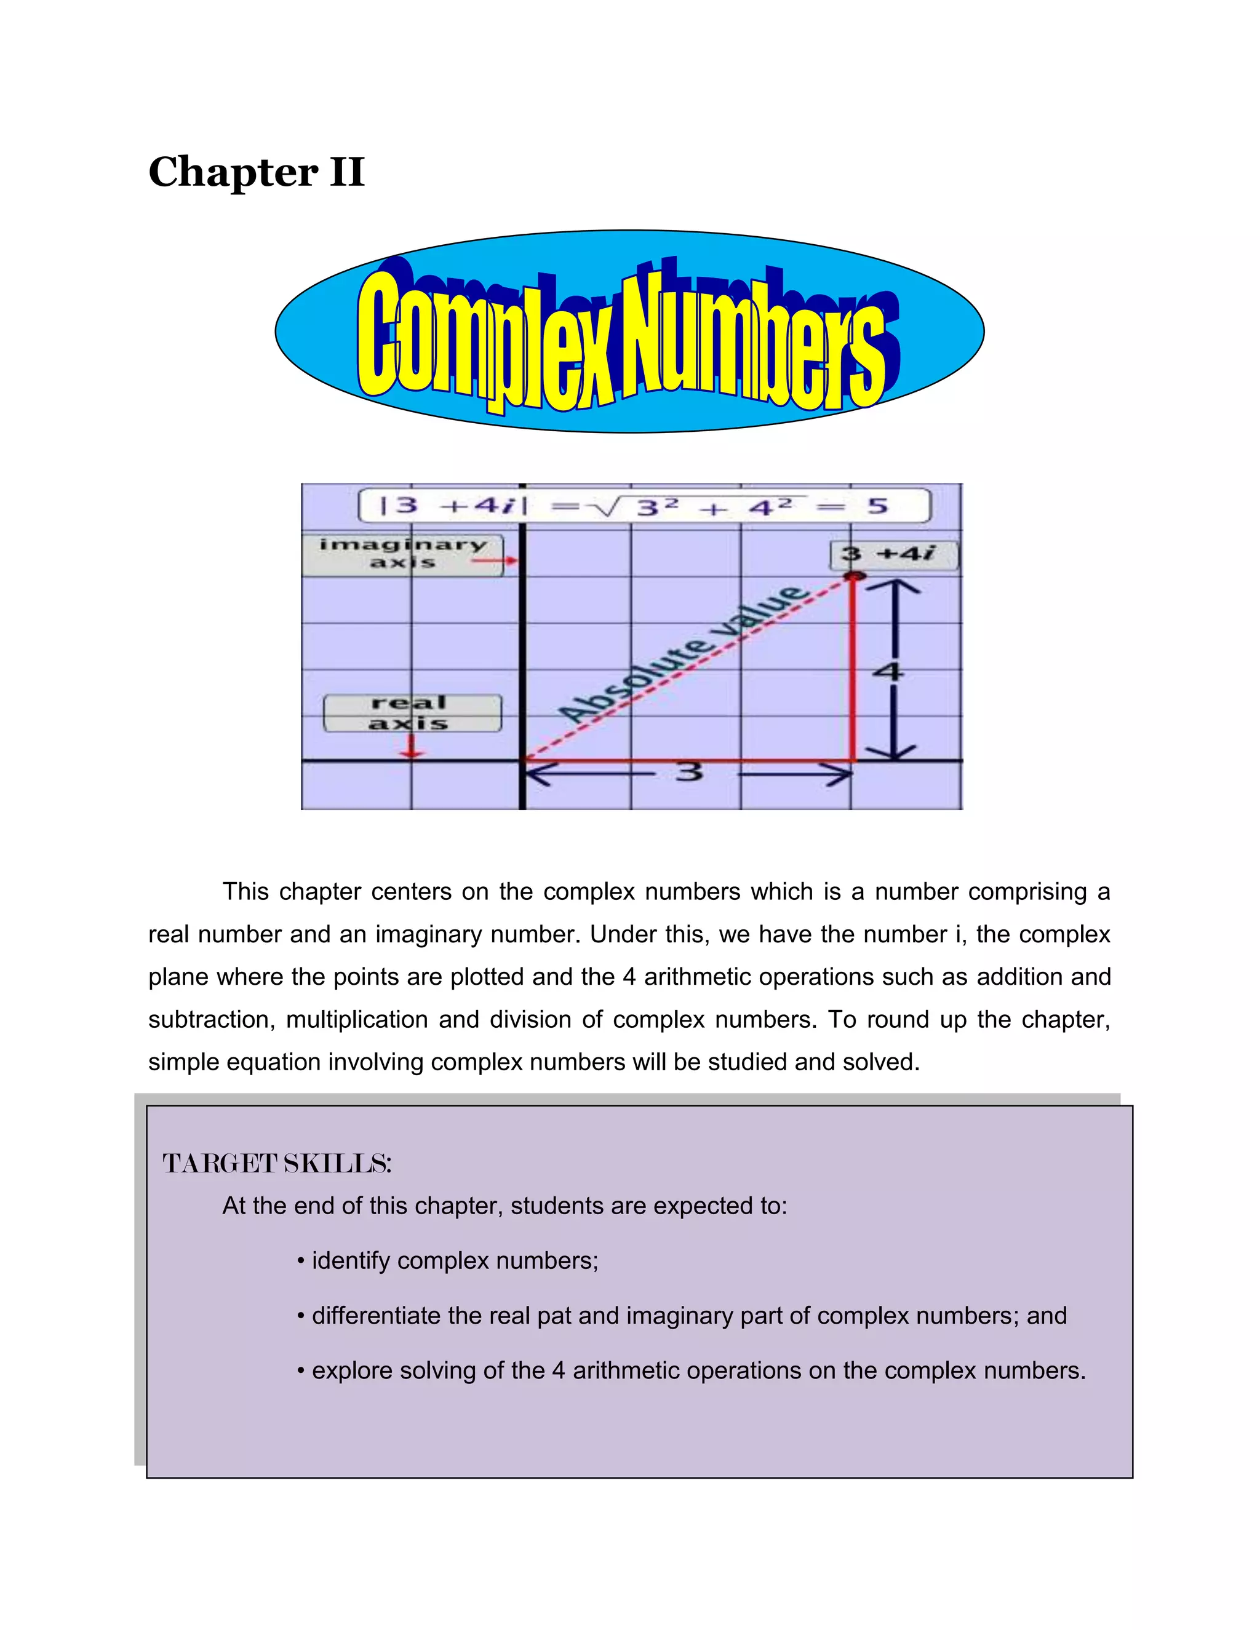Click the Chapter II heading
tap(256, 172)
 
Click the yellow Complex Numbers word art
tap(622, 340)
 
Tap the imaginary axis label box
tap(402, 554)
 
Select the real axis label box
tap(412, 714)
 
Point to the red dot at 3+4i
tap(855, 576)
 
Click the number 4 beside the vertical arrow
tap(888, 672)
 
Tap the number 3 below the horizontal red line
tap(690, 771)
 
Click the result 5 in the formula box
tap(878, 506)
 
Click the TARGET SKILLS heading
tap(277, 1164)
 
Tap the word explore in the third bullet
tap(347, 1371)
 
